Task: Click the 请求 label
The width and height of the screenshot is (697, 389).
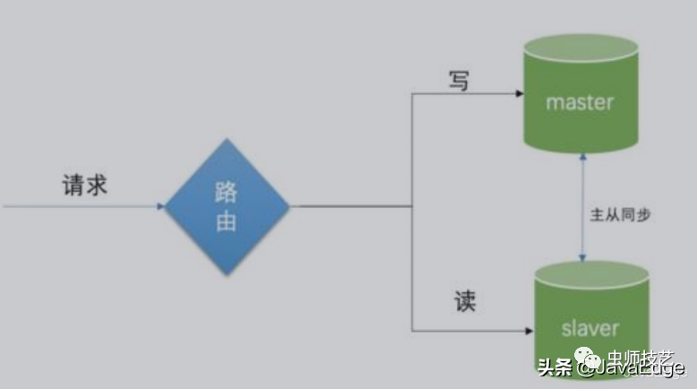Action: pyautogui.click(x=84, y=185)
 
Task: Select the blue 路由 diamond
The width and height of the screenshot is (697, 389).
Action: pyautogui.click(x=227, y=207)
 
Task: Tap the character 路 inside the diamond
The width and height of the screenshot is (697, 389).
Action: pyautogui.click(x=227, y=193)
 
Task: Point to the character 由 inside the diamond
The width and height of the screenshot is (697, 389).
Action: pyautogui.click(x=227, y=220)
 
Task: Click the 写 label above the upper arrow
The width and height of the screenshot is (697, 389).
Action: pyautogui.click(x=460, y=80)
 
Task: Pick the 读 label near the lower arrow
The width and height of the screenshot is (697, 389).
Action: pyautogui.click(x=464, y=302)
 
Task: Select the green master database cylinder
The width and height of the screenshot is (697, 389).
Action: pyautogui.click(x=580, y=99)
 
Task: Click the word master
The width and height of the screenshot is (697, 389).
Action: pyautogui.click(x=580, y=102)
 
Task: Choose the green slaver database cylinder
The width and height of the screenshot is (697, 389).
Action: pyautogui.click(x=589, y=318)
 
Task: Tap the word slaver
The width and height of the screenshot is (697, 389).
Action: pyautogui.click(x=589, y=329)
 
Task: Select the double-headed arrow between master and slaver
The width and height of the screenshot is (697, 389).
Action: pyautogui.click(x=583, y=206)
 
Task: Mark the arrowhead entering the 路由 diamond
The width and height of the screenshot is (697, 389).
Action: pyautogui.click(x=160, y=207)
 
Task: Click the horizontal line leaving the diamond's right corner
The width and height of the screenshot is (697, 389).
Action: pyautogui.click(x=349, y=207)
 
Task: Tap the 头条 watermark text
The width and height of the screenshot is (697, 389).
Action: pyautogui.click(x=555, y=366)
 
